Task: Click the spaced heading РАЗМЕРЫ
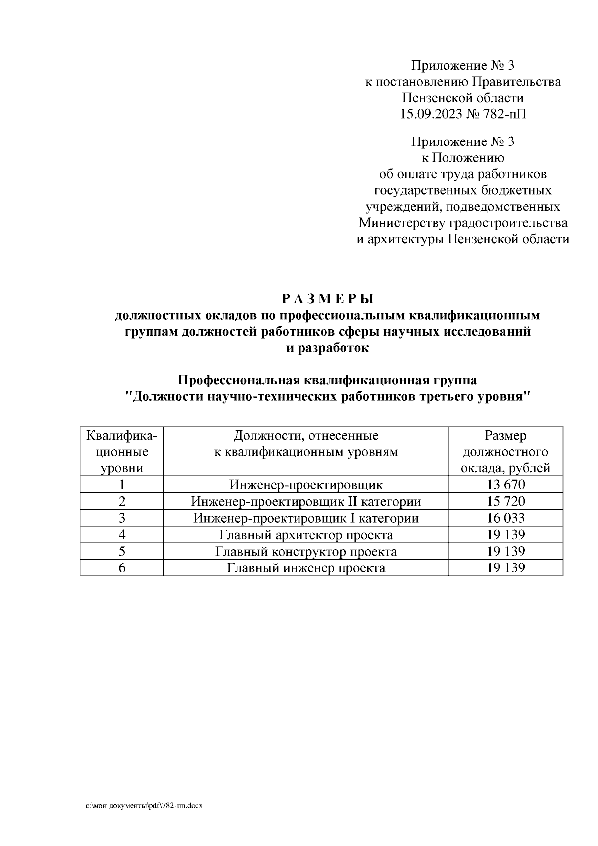pyautogui.click(x=327, y=299)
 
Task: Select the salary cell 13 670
pyautogui.click(x=506, y=484)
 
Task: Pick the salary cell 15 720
pyautogui.click(x=506, y=501)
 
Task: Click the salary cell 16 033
pyautogui.click(x=506, y=518)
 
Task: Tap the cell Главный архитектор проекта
pyautogui.click(x=306, y=535)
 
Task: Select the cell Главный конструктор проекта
pyautogui.click(x=306, y=552)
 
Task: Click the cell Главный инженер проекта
pyautogui.click(x=306, y=568)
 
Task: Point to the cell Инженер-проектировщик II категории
pyautogui.click(x=306, y=501)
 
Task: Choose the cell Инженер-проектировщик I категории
pyautogui.click(x=306, y=518)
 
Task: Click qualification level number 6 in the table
pyautogui.click(x=122, y=568)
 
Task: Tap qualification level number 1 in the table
pyautogui.click(x=122, y=484)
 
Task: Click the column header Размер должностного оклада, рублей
pyautogui.click(x=506, y=452)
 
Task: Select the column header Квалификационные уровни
pyautogui.click(x=122, y=452)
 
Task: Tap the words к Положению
pyautogui.click(x=462, y=158)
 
